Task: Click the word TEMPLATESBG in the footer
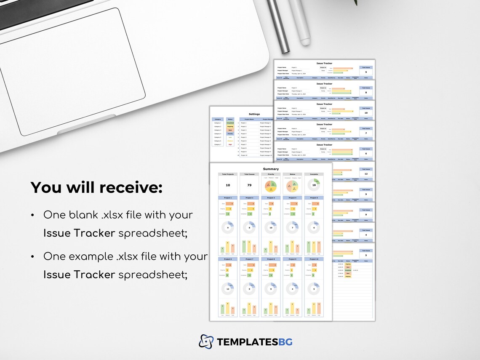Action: (x=254, y=341)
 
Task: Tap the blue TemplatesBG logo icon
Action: (x=206, y=341)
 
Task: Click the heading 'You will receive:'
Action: (x=96, y=188)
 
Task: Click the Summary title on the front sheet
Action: (x=271, y=169)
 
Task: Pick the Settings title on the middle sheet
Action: (x=254, y=114)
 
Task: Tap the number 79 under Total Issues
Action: (x=249, y=185)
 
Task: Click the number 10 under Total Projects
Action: (x=228, y=185)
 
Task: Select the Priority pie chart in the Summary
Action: (x=271, y=186)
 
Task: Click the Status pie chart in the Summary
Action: (x=292, y=186)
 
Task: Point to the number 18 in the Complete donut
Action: (x=314, y=185)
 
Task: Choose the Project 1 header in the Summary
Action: (x=228, y=197)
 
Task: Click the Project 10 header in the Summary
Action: (x=314, y=259)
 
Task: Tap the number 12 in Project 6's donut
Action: (x=228, y=289)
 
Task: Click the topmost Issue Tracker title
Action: (x=324, y=63)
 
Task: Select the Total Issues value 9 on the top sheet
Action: (x=366, y=72)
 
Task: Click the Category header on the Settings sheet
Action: (x=218, y=119)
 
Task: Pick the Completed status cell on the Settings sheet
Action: (x=230, y=123)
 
